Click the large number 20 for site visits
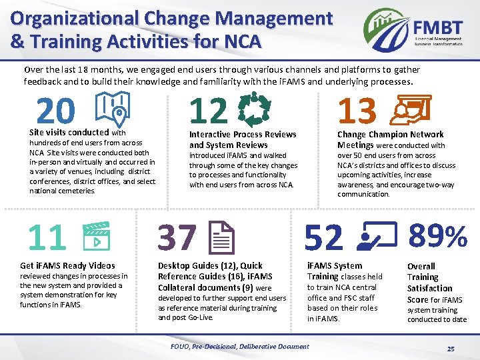click(x=56, y=111)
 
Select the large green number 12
click(x=208, y=111)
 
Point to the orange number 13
click(x=357, y=111)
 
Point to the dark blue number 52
click(x=324, y=238)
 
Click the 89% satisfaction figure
click(x=438, y=236)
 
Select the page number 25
click(x=451, y=349)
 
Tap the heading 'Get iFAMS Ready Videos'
click(x=67, y=265)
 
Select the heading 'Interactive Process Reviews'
click(x=243, y=135)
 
